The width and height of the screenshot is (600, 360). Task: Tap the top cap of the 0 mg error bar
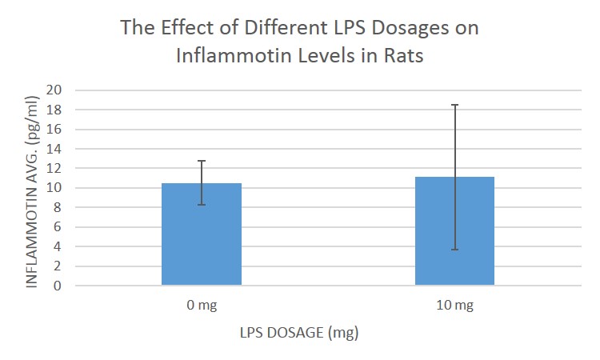[202, 161]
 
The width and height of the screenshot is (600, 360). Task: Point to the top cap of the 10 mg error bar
[454, 105]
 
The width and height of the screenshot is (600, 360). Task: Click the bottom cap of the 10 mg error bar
[454, 250]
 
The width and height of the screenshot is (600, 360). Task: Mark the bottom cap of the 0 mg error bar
[202, 205]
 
